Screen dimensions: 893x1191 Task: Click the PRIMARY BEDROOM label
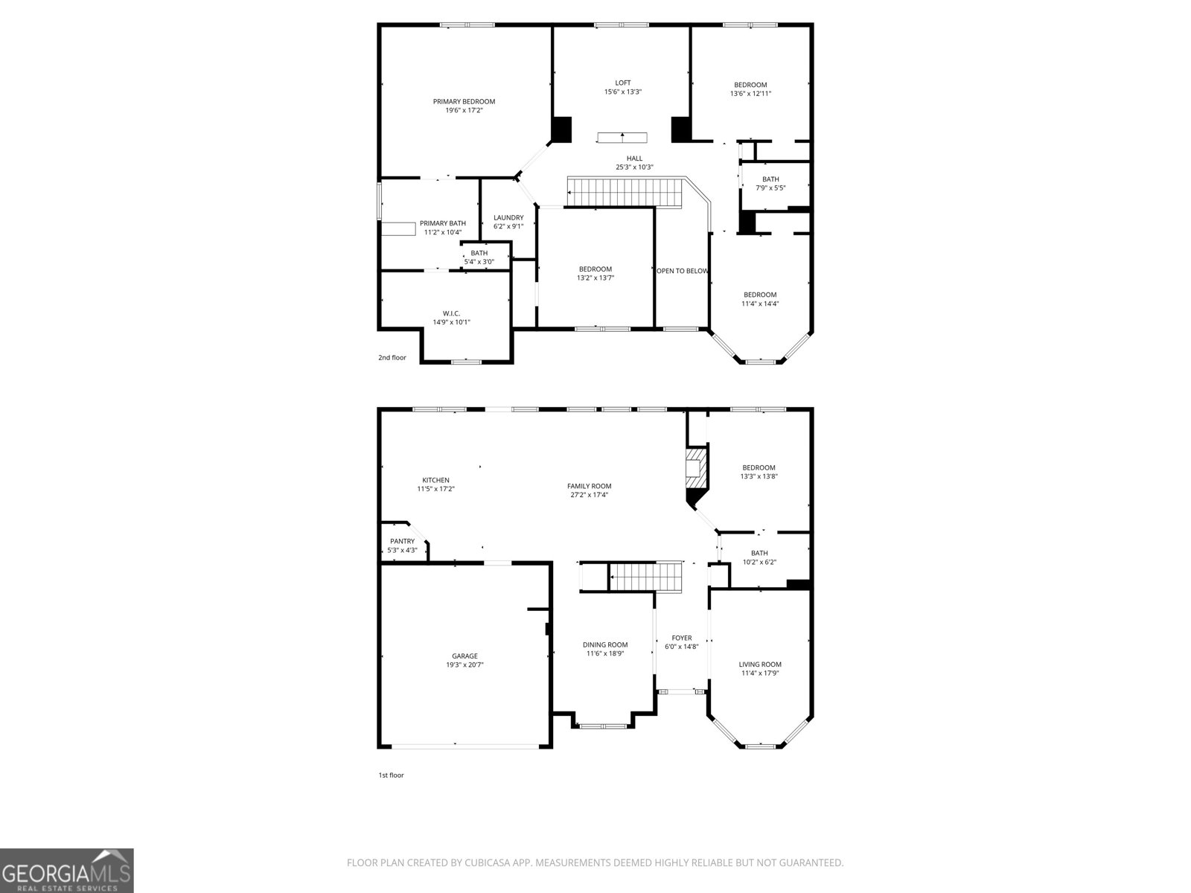(x=464, y=102)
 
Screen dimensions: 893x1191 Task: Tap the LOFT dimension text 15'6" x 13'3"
(x=622, y=92)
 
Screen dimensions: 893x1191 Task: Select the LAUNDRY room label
(x=508, y=218)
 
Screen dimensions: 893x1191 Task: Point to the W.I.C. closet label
(x=451, y=313)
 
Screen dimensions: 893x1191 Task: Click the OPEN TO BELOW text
(x=682, y=271)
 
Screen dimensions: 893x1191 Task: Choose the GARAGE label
(x=464, y=656)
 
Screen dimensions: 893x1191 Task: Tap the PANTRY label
(x=402, y=542)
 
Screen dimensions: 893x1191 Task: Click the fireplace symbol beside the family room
(x=695, y=476)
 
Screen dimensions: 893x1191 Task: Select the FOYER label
(x=681, y=638)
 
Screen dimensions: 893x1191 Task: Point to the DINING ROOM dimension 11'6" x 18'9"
(x=604, y=654)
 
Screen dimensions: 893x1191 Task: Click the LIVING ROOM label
(x=760, y=665)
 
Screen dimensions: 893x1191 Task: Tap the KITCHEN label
(x=435, y=480)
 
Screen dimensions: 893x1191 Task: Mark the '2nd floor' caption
(x=392, y=358)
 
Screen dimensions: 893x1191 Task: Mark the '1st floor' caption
(x=391, y=775)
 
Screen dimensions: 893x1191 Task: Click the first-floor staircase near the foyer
(x=645, y=576)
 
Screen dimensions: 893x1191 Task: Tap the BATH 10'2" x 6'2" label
(x=759, y=553)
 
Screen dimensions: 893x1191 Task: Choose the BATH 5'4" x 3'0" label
(x=479, y=254)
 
